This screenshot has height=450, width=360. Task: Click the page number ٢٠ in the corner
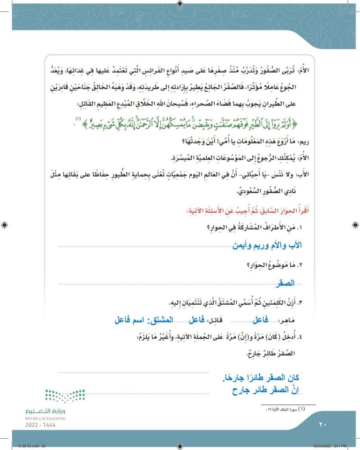(322, 425)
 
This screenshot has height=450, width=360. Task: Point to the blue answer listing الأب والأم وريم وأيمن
(268, 245)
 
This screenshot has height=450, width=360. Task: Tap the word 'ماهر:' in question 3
(300, 320)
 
